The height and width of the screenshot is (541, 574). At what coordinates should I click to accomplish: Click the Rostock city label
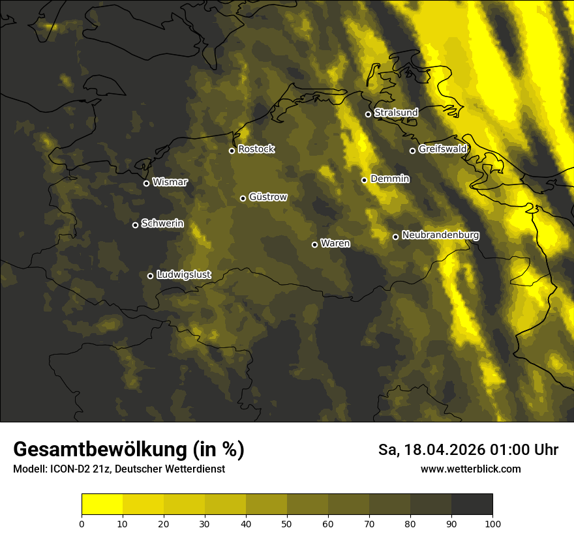(256, 149)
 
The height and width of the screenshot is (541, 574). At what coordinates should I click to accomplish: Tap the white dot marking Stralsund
(368, 114)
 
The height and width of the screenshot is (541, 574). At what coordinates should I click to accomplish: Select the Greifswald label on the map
(443, 149)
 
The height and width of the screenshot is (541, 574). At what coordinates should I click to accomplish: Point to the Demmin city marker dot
(364, 180)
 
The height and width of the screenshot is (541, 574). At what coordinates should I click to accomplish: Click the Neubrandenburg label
(441, 235)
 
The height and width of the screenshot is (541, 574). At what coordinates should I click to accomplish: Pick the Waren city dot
(314, 244)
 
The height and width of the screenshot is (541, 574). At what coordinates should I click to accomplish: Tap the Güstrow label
(268, 197)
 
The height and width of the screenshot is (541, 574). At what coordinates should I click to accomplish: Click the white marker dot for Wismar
(146, 183)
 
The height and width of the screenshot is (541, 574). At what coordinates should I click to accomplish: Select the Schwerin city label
(162, 224)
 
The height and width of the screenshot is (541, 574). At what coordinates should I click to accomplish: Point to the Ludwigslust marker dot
(150, 276)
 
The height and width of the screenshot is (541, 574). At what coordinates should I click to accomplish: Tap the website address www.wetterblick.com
(470, 469)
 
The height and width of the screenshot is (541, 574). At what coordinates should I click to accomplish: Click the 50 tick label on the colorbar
(287, 523)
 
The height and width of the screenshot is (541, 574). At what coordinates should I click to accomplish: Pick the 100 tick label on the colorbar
(492, 523)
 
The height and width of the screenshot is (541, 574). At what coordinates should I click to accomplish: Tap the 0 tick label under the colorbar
(82, 523)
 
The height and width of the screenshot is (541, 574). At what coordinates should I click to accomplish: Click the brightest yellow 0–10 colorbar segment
(102, 504)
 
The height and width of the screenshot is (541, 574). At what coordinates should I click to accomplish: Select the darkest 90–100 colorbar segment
(472, 504)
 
